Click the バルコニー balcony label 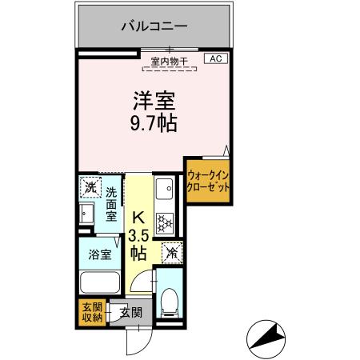(x=154, y=26)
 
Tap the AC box (x=217, y=58)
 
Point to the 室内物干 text (x=170, y=59)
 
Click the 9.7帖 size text (x=154, y=124)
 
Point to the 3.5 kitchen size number (x=138, y=236)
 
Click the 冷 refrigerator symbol (x=171, y=251)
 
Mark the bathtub (x=101, y=282)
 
